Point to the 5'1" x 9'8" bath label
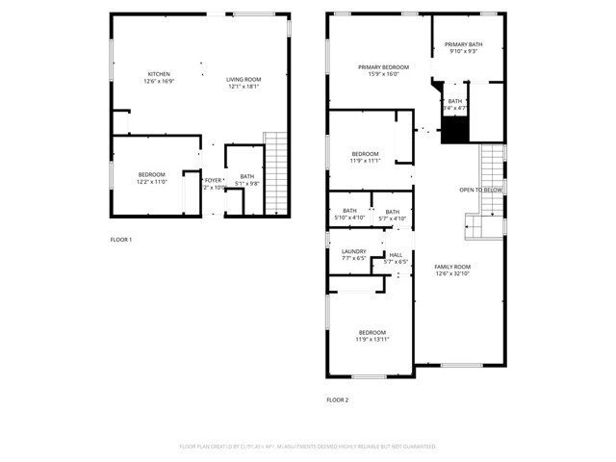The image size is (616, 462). click(x=247, y=182)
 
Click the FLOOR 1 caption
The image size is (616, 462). click(x=120, y=239)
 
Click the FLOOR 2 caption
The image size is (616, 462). click(x=337, y=399)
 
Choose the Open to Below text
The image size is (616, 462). click(x=480, y=190)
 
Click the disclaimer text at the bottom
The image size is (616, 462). click(x=308, y=447)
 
